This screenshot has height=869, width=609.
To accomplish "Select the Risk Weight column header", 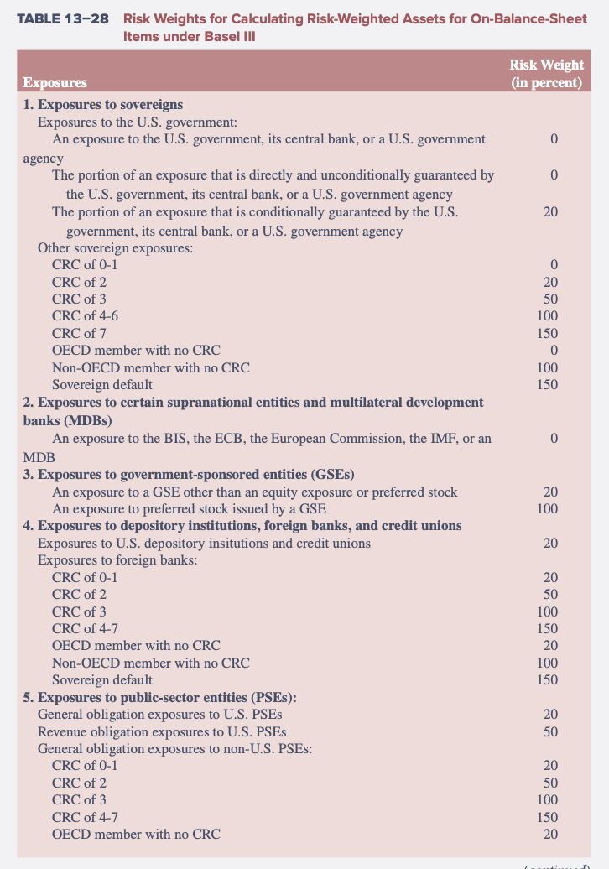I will (x=546, y=74).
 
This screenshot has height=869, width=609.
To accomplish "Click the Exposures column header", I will (x=55, y=82).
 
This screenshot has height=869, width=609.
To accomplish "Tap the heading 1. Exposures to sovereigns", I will (x=103, y=105).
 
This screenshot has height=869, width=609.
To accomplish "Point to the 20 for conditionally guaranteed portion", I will (x=551, y=212).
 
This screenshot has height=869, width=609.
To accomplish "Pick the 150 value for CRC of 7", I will (x=547, y=333).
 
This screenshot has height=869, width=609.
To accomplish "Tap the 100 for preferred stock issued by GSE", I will (x=547, y=508).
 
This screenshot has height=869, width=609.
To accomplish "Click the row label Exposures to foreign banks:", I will (x=117, y=559).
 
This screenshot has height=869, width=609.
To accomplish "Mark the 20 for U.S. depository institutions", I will (x=551, y=543).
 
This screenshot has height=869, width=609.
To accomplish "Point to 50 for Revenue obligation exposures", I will (x=551, y=731).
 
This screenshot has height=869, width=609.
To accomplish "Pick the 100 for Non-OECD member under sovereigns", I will (x=547, y=367).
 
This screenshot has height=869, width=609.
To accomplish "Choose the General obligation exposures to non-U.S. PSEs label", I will (x=174, y=748).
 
